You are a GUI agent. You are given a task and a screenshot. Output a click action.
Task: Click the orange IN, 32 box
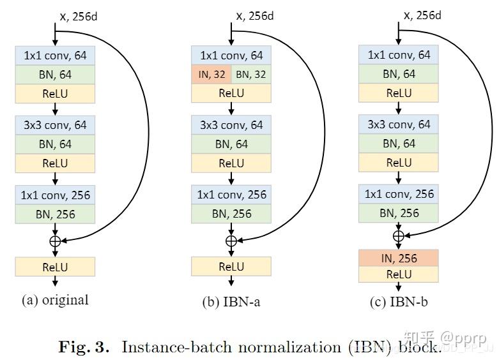pos(211,75)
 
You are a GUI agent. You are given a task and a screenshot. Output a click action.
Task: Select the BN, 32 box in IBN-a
pos(250,75)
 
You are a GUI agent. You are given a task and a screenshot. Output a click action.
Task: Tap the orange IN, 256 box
pos(398,259)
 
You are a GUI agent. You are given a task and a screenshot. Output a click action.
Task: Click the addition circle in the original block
pos(55,241)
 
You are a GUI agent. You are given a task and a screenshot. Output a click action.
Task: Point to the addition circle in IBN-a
pos(231,241)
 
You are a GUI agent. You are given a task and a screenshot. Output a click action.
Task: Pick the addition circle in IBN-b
pos(398,236)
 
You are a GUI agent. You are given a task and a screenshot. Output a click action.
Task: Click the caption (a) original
pos(55,300)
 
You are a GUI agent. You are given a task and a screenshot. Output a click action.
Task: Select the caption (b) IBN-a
pos(231,302)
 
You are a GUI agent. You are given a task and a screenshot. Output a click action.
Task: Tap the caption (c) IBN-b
pos(399,302)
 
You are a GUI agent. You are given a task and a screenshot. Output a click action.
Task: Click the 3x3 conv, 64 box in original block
pos(55,124)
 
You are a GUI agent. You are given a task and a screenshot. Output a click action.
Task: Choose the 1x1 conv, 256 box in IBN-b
pos(398,194)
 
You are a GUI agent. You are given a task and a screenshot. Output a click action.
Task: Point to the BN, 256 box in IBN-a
pos(231,214)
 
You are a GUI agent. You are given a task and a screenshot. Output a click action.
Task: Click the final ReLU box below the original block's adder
pos(55,267)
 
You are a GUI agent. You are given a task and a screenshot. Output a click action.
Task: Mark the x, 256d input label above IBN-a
pos(255,16)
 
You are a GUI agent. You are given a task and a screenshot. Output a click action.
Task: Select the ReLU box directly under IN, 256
pos(398,274)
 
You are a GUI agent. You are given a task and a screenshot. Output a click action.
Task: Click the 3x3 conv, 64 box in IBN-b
pos(398,124)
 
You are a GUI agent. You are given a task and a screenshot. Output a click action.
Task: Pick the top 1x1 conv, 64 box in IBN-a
pos(231,56)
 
